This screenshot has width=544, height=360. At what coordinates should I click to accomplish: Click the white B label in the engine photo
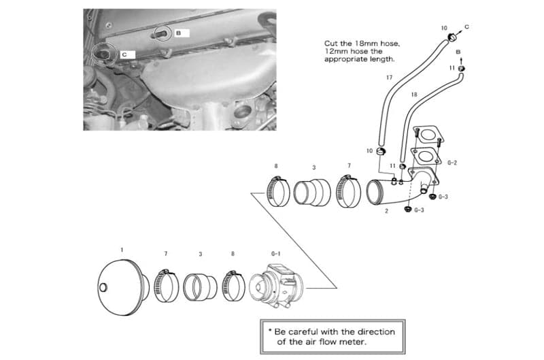pyautogui.click(x=179, y=32)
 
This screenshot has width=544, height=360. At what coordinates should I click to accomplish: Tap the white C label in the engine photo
pyautogui.click(x=126, y=53)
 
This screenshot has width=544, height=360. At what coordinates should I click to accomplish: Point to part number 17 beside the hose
pyautogui.click(x=389, y=78)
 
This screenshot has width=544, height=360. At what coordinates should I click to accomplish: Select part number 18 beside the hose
pyautogui.click(x=414, y=95)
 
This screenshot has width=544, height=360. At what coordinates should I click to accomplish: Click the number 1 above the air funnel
pyautogui.click(x=122, y=250)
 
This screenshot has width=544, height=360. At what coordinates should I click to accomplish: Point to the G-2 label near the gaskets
pyautogui.click(x=452, y=163)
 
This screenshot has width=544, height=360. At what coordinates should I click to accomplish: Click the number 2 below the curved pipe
pyautogui.click(x=386, y=212)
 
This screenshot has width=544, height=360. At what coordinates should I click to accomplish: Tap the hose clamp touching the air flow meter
pyautogui.click(x=235, y=286)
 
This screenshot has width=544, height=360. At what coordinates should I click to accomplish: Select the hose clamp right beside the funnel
pyautogui.click(x=165, y=286)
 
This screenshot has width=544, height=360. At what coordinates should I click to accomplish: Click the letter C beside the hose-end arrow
pyautogui.click(x=466, y=26)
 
